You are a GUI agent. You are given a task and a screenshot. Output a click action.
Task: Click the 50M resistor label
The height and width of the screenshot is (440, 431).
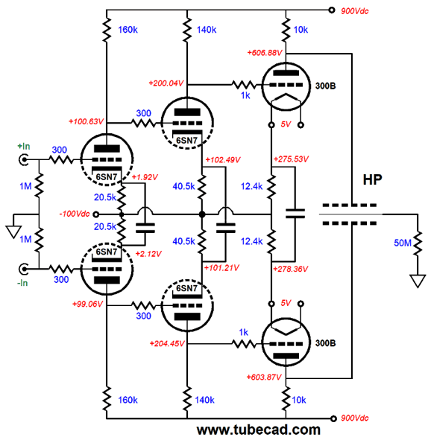[403, 243]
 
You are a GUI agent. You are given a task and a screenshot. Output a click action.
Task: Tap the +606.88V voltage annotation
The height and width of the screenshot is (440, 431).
[265, 53]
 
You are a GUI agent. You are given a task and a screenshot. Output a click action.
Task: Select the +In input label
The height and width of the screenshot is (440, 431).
[24, 146]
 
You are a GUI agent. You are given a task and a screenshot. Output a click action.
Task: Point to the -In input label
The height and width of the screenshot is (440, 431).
[22, 283]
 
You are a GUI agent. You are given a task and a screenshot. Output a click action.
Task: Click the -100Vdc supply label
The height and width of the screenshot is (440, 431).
[75, 214]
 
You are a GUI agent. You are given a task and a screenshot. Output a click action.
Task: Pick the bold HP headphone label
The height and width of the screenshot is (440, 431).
[373, 179]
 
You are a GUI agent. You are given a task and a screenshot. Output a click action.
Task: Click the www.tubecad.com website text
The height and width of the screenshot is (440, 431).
[259, 430]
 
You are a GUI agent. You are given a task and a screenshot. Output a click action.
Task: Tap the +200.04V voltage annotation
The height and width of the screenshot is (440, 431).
[166, 83]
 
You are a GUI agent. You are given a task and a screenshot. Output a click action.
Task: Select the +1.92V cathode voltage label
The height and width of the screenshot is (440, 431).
[145, 177]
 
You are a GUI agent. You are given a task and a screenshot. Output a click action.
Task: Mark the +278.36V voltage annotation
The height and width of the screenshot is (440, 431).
[291, 269]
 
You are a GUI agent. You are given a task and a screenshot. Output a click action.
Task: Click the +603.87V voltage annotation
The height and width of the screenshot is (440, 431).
[264, 377]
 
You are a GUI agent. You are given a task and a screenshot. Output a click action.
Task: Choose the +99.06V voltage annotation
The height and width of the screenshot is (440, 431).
[88, 304]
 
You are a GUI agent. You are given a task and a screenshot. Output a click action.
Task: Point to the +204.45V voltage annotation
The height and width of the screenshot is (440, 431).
[167, 343]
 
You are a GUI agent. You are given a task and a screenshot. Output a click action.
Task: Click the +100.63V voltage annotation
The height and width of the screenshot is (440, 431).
[86, 121]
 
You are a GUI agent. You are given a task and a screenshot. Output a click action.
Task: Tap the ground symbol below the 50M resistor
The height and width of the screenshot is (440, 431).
[418, 281]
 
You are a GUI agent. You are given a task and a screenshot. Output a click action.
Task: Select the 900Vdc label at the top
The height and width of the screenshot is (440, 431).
[355, 11]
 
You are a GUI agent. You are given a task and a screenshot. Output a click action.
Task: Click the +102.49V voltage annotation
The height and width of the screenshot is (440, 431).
[223, 159]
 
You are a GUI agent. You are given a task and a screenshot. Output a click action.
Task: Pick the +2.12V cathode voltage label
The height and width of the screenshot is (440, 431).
[148, 254]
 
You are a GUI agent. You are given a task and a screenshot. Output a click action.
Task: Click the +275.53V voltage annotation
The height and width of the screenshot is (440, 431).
[291, 159]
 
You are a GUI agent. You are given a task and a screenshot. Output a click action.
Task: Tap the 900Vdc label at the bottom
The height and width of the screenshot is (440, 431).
[355, 418]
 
